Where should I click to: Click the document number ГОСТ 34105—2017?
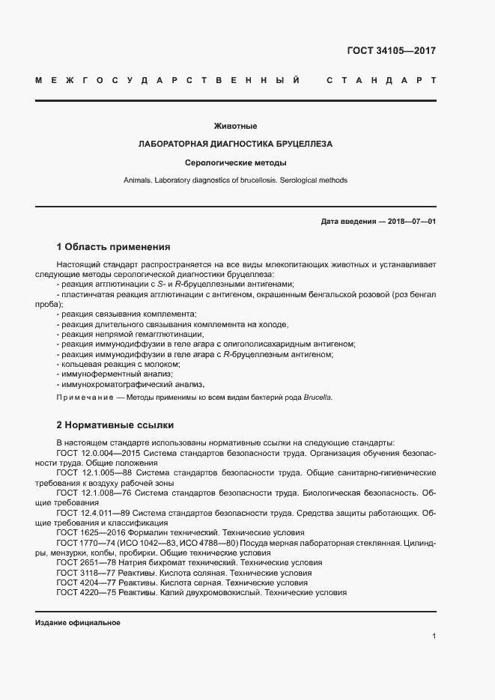[x=391, y=51]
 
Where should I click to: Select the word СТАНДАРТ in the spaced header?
[x=381, y=79]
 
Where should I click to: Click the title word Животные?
[x=235, y=126]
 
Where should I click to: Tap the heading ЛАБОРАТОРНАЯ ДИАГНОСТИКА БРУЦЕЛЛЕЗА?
[x=235, y=144]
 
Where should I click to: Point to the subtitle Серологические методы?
[x=235, y=162]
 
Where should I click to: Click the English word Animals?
[x=139, y=180]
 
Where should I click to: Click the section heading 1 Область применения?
[x=113, y=246]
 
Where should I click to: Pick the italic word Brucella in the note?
[x=318, y=398]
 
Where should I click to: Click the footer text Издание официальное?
[x=78, y=623]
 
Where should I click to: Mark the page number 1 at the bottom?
[x=434, y=636]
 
